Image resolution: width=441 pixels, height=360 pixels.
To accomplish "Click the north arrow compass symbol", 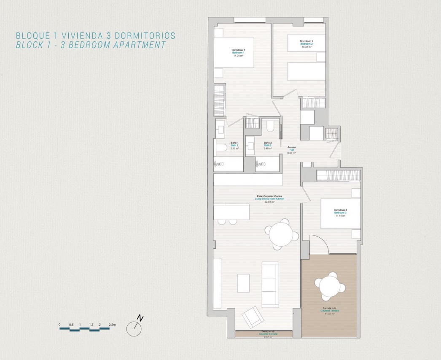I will [x=134, y=328].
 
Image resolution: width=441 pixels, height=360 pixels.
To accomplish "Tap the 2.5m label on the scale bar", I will [x=112, y=325].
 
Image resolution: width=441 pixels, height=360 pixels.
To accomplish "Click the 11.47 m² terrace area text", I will [x=329, y=314].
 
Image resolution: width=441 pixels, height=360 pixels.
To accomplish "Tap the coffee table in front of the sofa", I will [x=243, y=283].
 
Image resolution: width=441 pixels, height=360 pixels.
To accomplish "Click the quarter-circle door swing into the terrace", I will [x=319, y=246].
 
